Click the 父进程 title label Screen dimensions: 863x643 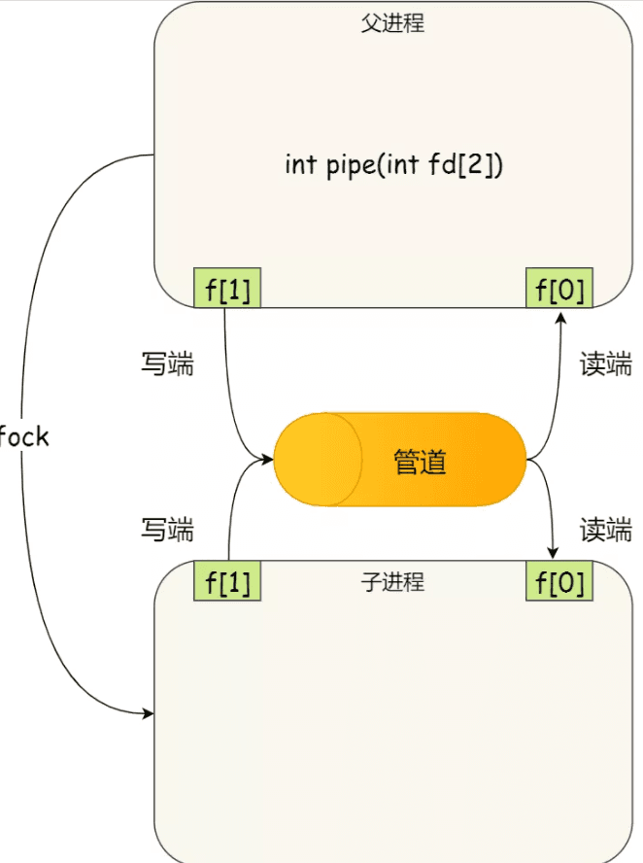392,23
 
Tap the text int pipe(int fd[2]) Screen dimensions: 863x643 393,164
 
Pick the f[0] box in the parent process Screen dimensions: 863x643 558,289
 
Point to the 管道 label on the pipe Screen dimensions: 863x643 420,461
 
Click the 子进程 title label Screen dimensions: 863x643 392,583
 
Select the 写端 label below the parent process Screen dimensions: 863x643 167,364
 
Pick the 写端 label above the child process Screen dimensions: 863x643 167,530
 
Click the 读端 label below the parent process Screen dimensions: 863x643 606,364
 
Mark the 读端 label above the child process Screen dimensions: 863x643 606,530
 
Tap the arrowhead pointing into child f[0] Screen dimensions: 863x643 554,554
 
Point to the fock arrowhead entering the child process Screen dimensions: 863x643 149,714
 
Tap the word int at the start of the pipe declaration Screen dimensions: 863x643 300,164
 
